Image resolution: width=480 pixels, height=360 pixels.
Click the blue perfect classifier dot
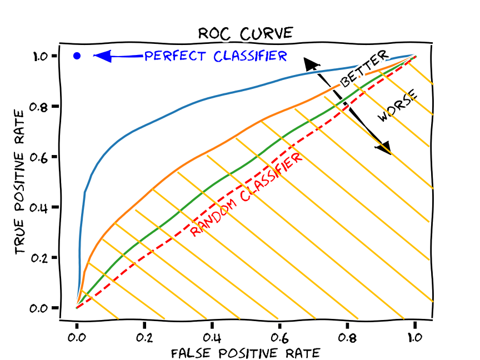77,56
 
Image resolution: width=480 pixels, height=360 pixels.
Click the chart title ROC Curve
245,33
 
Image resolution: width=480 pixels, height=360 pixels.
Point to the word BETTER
364,69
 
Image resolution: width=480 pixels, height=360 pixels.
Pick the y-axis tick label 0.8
42,106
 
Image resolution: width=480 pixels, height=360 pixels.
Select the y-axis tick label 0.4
42,207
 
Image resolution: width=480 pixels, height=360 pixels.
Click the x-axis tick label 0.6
279,337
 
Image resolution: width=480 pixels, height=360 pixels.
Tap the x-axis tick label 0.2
144,337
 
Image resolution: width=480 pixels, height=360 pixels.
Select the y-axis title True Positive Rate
21,182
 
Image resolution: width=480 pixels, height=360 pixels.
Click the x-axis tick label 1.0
414,337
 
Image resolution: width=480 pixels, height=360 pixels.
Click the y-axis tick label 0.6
42,157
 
